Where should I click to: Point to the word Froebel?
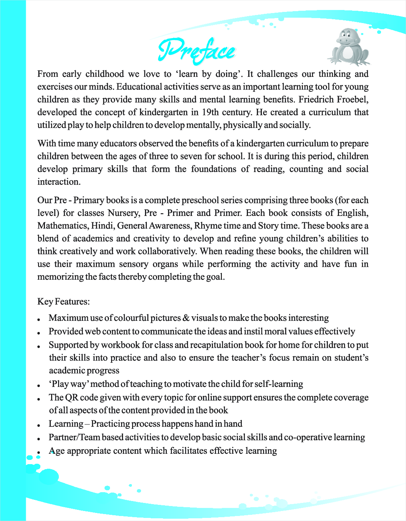point(352,100)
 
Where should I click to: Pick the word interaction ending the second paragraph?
point(59,182)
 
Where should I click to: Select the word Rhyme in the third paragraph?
point(206,226)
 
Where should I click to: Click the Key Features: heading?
point(63,302)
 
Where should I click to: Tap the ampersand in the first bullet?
point(186,318)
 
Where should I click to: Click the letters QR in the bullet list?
point(72,398)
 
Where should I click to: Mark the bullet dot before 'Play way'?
point(39,385)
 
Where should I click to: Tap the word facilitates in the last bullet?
point(189,451)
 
